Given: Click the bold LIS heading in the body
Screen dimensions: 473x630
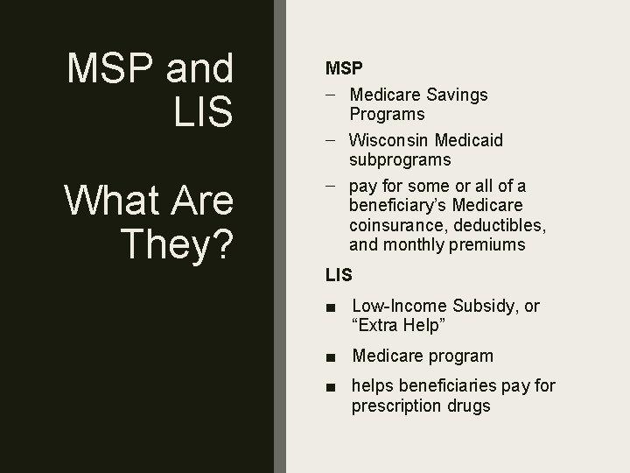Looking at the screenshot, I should (x=339, y=274).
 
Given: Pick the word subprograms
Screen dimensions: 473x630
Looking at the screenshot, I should (x=401, y=159).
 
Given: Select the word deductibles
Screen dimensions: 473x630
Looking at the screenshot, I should (x=503, y=226).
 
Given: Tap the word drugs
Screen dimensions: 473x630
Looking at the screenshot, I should (x=470, y=406).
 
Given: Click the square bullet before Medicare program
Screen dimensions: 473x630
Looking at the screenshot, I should (x=329, y=357).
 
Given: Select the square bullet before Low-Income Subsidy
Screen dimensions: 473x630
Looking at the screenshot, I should (x=329, y=307).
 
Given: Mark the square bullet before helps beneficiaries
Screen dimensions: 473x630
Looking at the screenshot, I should (x=329, y=386).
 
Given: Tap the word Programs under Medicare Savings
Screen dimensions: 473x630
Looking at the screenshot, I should (x=387, y=114).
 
